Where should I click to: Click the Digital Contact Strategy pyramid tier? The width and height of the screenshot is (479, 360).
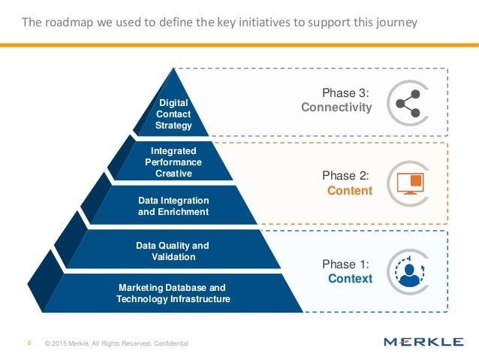point(174,113)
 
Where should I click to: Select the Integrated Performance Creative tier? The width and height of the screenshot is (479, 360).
point(173,162)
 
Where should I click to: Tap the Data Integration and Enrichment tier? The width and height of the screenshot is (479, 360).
point(173,206)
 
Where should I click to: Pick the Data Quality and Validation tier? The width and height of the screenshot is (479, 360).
point(173,251)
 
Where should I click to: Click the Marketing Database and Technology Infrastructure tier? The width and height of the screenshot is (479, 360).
point(173,293)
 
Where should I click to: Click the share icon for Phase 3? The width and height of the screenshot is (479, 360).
point(406,101)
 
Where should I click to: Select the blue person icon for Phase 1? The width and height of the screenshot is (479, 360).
point(408,272)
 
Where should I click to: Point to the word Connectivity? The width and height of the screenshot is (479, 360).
point(336,107)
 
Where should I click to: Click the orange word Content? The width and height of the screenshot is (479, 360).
point(350,190)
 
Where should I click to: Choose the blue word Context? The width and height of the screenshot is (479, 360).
point(350,279)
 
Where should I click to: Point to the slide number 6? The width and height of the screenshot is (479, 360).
point(29,343)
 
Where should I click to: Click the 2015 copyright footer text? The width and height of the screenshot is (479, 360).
point(116,343)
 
